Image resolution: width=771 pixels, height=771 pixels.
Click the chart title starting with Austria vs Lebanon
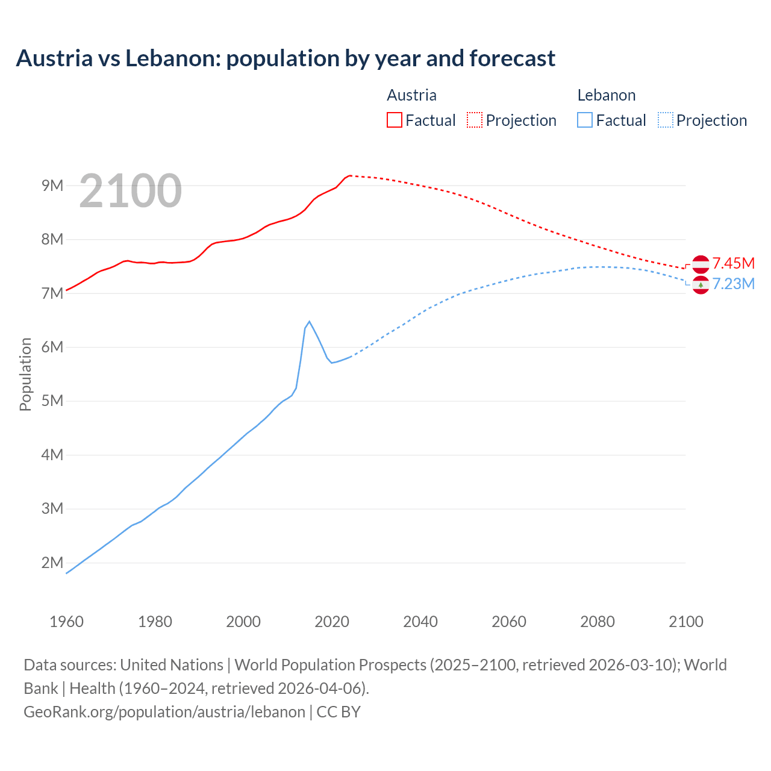click(286, 58)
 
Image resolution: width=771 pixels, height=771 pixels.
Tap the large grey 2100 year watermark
click(130, 191)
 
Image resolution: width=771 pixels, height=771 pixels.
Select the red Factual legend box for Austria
click(394, 120)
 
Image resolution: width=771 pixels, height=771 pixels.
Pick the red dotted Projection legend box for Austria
click(475, 120)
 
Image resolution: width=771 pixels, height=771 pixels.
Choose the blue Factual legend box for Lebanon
click(584, 120)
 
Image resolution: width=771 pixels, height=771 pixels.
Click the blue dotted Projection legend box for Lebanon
click(665, 120)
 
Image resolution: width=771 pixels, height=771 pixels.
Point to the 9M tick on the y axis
click(52, 186)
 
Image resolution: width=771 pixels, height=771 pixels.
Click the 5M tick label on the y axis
click(52, 401)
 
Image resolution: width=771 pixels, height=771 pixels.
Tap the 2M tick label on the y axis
click(52, 563)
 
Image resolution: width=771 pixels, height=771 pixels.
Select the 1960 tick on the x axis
click(66, 622)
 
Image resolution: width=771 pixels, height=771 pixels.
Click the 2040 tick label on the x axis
click(420, 622)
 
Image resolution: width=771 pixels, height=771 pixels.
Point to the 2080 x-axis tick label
click(598, 622)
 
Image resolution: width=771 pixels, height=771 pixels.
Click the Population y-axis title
click(25, 374)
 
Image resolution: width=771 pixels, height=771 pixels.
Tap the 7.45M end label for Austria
click(733, 263)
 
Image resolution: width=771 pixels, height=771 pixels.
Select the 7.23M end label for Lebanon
click(733, 284)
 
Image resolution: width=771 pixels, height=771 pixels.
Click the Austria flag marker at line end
click(701, 264)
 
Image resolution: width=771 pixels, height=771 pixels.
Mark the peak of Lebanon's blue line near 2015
click(309, 322)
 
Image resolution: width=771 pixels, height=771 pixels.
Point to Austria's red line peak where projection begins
click(350, 175)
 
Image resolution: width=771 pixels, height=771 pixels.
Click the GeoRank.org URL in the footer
click(164, 711)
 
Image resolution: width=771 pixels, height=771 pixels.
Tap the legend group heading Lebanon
click(606, 95)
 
